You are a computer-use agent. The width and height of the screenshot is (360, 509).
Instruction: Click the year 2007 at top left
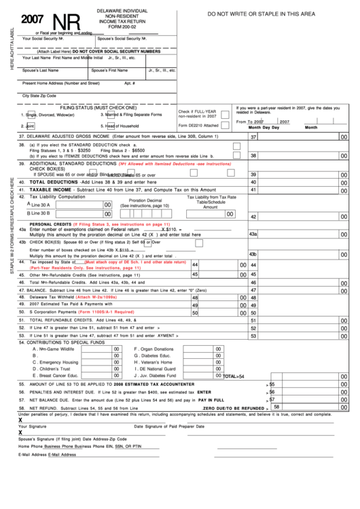pyautogui.click(x=33, y=20)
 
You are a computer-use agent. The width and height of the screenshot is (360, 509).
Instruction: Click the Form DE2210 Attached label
pyautogui.click(x=198, y=126)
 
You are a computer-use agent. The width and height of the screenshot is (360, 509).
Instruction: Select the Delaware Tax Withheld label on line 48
pyautogui.click(x=52, y=297)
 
